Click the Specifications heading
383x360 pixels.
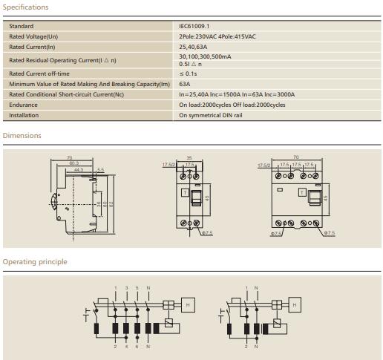coord(26,7)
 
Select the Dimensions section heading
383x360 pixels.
coord(22,136)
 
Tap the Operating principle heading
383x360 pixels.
coord(35,262)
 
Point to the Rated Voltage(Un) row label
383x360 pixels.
coord(33,36)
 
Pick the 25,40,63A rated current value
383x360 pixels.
coord(193,46)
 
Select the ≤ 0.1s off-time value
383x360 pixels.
coord(189,74)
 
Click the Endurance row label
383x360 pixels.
coord(23,105)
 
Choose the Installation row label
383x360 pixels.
coord(24,116)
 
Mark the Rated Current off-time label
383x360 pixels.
coord(39,74)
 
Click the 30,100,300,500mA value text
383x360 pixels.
coord(205,56)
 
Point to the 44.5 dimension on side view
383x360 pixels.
coord(78,170)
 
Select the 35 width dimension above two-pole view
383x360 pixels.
coord(189,157)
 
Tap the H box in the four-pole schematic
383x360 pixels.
coord(189,304)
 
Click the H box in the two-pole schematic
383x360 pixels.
coord(295,304)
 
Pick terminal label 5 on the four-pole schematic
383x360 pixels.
coord(137,288)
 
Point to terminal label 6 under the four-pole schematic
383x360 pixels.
coord(137,347)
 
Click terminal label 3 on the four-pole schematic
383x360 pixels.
coord(126,288)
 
